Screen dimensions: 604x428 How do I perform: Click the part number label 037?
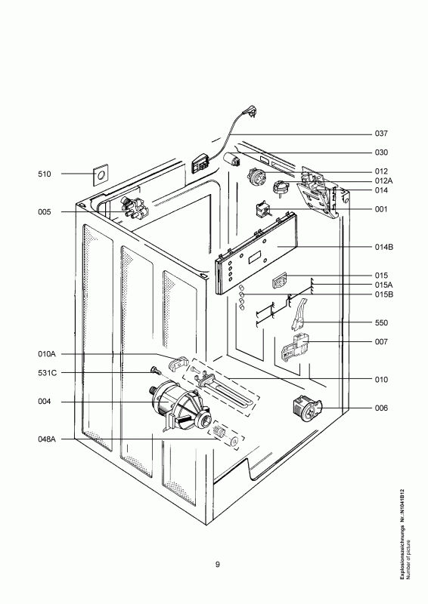[x=380, y=134]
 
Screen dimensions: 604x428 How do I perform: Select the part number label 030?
[x=380, y=153]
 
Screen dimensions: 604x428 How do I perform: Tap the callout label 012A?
[x=383, y=180]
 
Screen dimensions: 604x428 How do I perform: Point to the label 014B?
[x=383, y=247]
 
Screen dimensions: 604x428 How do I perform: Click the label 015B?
[x=383, y=294]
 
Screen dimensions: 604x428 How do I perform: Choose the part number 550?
[x=380, y=323]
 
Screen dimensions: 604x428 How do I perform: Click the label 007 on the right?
[x=380, y=342]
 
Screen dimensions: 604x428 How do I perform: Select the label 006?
[x=380, y=408]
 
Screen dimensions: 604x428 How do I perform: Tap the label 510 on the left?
[x=44, y=174]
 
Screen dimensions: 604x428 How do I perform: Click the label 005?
[x=44, y=213]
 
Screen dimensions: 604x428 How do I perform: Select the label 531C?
[x=46, y=373]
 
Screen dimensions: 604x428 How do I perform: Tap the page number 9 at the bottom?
[x=217, y=565]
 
